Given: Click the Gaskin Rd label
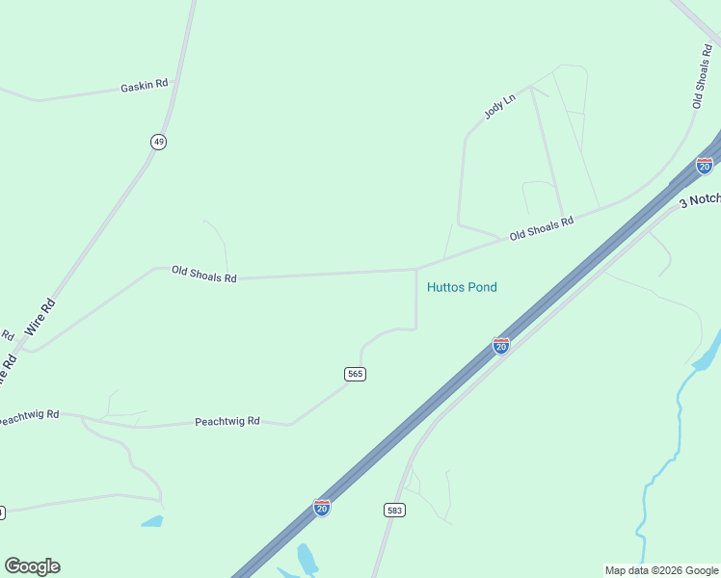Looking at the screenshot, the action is tap(145, 85).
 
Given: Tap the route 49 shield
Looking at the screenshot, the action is tap(158, 142).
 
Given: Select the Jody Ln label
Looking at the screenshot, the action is tap(500, 105).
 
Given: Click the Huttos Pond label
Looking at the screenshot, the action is tap(462, 287).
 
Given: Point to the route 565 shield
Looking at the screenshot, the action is tap(356, 374).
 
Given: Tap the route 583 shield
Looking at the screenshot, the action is tap(393, 510).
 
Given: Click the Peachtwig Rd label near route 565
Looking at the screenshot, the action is tap(227, 422).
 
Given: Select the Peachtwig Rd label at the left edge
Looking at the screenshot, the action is tap(29, 416).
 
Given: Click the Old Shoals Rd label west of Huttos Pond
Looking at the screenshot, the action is tap(203, 275).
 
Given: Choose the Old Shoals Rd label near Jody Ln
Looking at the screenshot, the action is tap(541, 227).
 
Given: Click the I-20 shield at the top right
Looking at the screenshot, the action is tap(705, 165).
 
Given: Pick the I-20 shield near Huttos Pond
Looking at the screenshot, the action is tap(501, 345).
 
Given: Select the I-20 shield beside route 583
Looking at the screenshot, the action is tap(322, 507).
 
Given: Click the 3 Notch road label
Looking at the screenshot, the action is tap(700, 199).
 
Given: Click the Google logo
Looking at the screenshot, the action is tap(32, 566).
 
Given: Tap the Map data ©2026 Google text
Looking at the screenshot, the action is tap(660, 570).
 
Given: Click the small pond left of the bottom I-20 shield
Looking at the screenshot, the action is tap(151, 521).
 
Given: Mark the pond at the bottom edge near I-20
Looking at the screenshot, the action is tap(307, 559).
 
